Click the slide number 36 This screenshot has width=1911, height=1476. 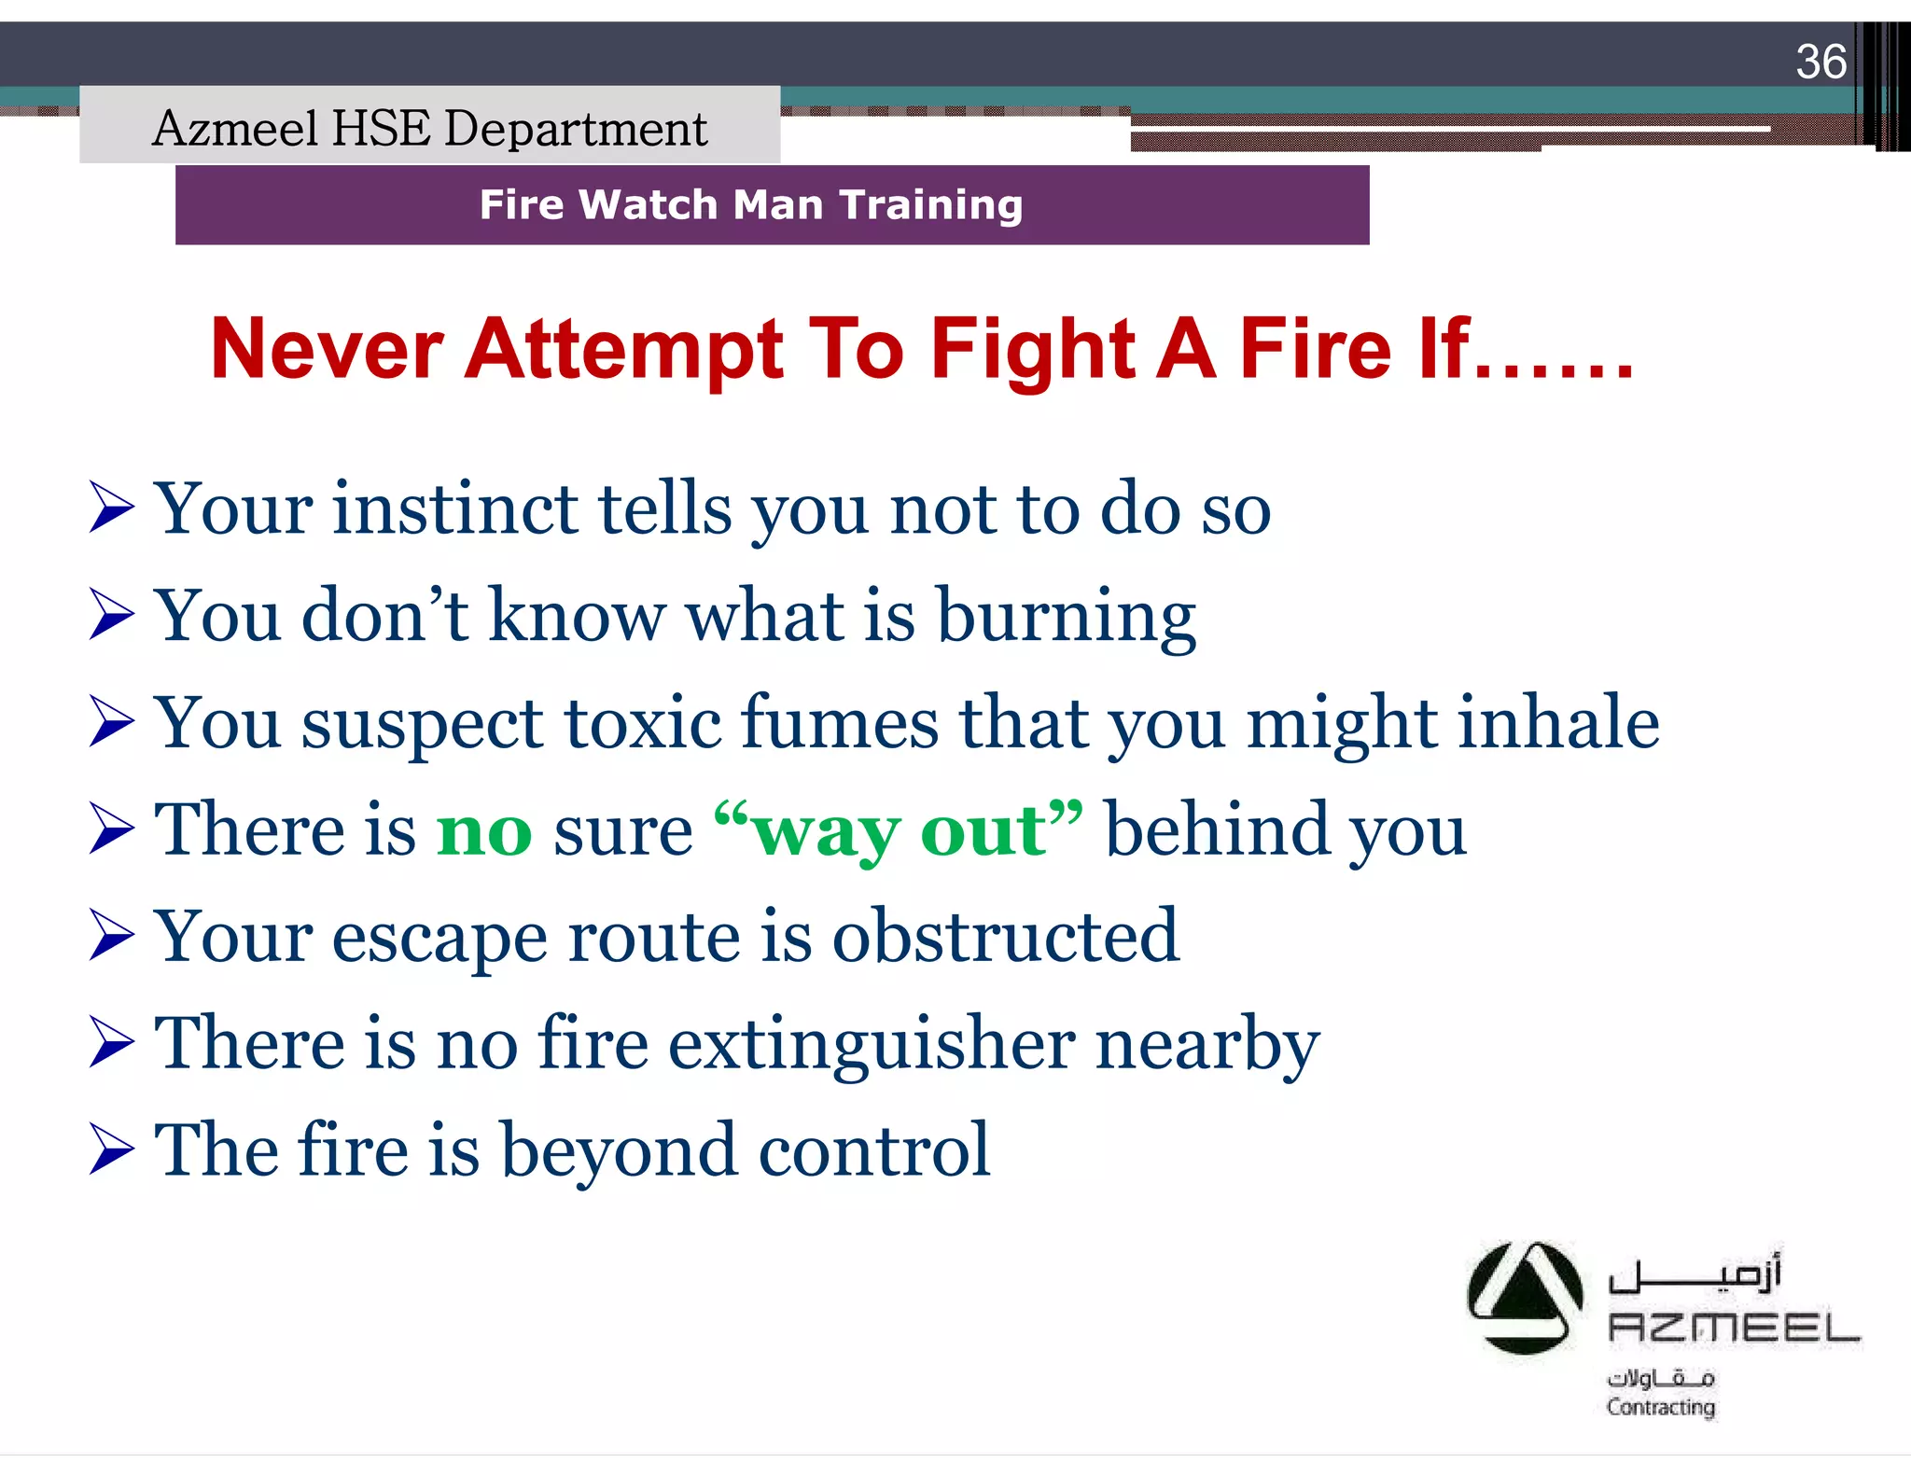point(1820,63)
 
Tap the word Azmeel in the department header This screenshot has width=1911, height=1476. point(235,128)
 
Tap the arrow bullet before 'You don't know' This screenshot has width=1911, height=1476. point(112,615)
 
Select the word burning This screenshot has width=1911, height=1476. point(1066,617)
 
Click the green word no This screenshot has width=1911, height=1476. point(484,831)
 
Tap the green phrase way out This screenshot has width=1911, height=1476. point(899,831)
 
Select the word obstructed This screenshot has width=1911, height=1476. point(1005,936)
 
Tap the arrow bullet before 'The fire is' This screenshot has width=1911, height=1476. point(112,1149)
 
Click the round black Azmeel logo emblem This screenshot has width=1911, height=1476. point(1524,1298)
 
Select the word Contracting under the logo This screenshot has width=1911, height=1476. point(1660,1407)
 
